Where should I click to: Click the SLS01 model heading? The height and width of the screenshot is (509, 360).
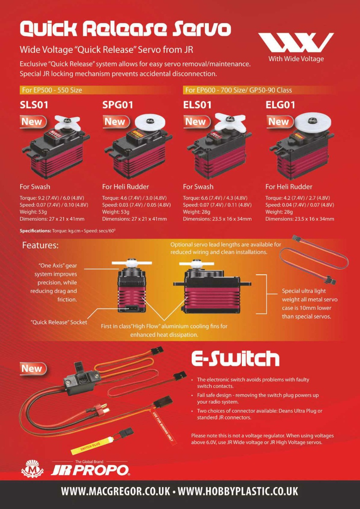pyautogui.click(x=37, y=105)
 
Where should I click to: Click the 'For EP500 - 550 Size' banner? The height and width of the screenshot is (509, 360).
pyautogui.click(x=52, y=90)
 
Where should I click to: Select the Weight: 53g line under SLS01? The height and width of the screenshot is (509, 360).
pyautogui.click(x=33, y=212)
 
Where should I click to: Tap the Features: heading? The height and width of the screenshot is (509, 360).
pyautogui.click(x=40, y=245)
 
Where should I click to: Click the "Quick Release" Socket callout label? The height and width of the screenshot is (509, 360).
pyautogui.click(x=59, y=322)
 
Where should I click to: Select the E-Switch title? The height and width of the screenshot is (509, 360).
pyautogui.click(x=235, y=358)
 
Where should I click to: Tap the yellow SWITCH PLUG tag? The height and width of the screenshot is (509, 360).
pyautogui.click(x=92, y=445)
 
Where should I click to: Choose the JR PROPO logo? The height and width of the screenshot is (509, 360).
pyautogui.click(x=90, y=470)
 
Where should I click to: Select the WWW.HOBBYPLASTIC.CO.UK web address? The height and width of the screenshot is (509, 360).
pyautogui.click(x=238, y=491)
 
